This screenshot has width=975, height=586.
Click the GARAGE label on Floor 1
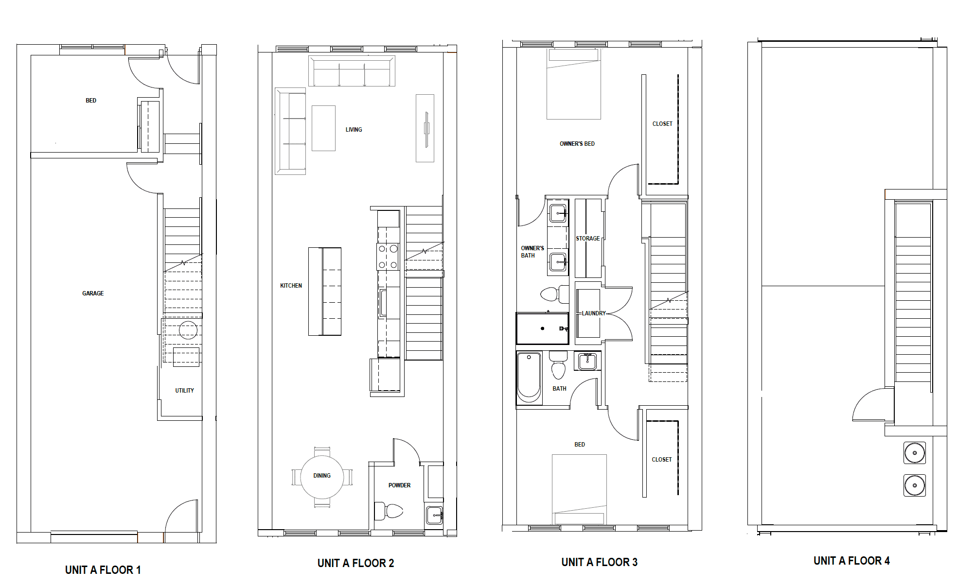[93, 293]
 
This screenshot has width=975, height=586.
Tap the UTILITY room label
[184, 391]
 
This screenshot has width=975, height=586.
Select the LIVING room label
[354, 130]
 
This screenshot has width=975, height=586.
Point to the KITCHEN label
[291, 286]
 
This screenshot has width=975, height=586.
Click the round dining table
[322, 477]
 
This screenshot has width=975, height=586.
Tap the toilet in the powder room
[389, 511]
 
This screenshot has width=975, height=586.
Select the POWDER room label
[399, 485]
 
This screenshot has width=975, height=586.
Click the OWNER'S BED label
[577, 144]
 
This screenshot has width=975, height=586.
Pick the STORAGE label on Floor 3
[587, 239]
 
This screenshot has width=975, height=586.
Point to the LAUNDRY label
[594, 313]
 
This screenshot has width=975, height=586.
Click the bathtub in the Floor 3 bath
[529, 378]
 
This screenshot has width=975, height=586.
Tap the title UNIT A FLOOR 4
[851, 561]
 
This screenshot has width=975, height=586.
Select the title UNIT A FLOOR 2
[355, 563]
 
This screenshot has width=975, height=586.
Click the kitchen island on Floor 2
[325, 292]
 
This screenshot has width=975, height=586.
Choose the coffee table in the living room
[323, 128]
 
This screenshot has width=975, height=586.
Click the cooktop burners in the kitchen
[388, 257]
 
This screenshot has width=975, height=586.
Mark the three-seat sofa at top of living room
[352, 71]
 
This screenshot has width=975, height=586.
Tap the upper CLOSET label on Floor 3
[662, 124]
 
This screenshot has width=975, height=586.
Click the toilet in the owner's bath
[554, 294]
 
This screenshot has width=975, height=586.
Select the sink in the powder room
[434, 515]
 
